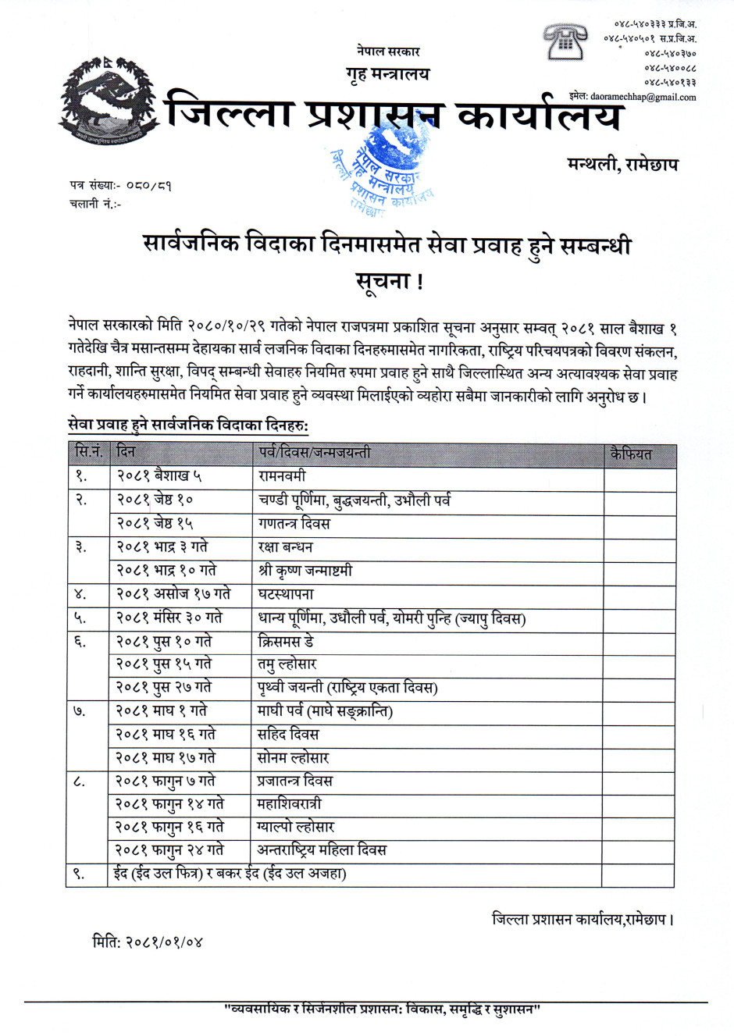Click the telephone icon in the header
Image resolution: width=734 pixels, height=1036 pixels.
pos(565,41)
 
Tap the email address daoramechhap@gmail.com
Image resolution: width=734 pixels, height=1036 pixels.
pos(643,97)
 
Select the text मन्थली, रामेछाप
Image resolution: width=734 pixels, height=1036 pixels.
pos(622,164)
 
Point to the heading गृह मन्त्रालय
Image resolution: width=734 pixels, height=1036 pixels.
pos(387,74)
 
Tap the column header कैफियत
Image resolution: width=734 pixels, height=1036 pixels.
pos(631,454)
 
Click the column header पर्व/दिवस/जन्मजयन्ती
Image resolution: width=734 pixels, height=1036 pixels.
pos(314,453)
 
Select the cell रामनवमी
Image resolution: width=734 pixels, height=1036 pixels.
pos(282,475)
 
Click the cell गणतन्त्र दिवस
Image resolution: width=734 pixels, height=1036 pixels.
pos(294,523)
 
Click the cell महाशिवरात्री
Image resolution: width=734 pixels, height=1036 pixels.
pos(289,803)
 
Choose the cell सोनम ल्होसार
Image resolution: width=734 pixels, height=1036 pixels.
pos(293,757)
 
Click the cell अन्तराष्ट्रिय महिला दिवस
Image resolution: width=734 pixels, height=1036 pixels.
pos(322,849)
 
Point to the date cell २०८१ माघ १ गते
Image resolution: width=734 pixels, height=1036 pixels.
pos(162,711)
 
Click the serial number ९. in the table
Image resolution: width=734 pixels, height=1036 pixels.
pos(79,874)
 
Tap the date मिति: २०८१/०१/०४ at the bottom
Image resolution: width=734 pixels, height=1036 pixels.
pos(148,942)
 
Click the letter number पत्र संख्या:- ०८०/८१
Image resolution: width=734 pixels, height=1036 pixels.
pos(120,186)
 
